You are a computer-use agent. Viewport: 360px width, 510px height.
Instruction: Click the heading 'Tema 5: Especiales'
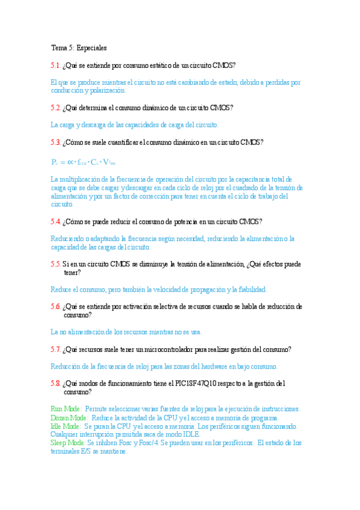[x=79, y=47]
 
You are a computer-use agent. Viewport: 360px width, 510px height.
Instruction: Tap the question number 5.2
[x=55, y=108]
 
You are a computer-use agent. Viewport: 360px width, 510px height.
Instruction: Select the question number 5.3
[x=55, y=143]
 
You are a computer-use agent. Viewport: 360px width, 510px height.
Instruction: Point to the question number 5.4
[x=55, y=221]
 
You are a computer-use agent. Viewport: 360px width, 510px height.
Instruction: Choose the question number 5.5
[x=55, y=264]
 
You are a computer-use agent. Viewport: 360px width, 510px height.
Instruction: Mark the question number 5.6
[x=55, y=307]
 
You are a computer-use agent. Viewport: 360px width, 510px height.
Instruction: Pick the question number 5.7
[x=55, y=349]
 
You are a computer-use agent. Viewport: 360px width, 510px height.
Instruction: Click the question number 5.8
[x=55, y=383]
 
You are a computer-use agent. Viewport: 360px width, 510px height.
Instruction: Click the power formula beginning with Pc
[x=84, y=162]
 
